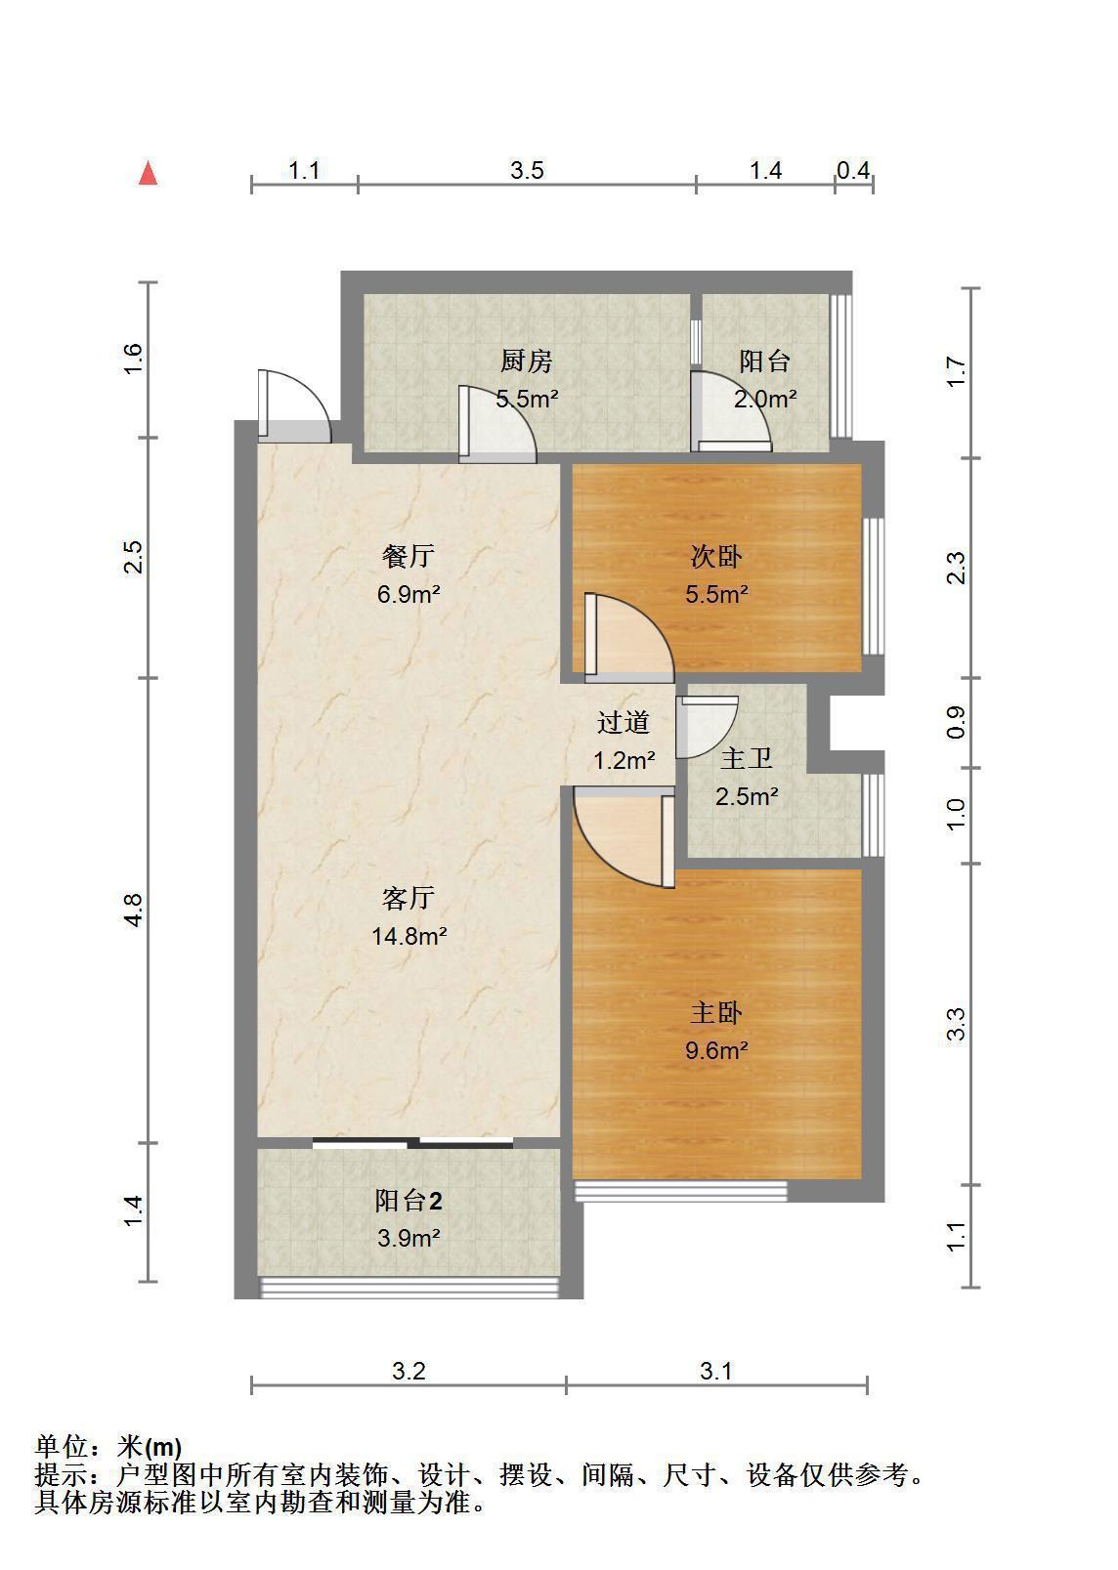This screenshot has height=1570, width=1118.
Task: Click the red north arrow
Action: tap(148, 173)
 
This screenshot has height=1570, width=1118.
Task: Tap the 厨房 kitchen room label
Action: tap(527, 361)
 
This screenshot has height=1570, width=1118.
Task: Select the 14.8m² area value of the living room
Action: tap(409, 936)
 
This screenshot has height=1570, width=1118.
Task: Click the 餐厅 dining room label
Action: tap(408, 557)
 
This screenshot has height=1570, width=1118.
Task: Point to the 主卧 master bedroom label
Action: tap(716, 1013)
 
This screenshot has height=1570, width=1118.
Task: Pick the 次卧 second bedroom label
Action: tap(716, 557)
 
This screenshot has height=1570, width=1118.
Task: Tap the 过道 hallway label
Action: tap(623, 723)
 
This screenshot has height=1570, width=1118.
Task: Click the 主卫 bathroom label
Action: tap(747, 758)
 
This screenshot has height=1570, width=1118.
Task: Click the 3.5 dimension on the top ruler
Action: tap(527, 170)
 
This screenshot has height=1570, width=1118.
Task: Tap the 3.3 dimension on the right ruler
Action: tap(956, 1024)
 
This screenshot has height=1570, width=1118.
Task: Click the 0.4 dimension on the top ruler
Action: tap(854, 170)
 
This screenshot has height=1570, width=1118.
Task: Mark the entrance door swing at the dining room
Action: tap(294, 405)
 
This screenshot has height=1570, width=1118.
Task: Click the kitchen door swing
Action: tap(497, 424)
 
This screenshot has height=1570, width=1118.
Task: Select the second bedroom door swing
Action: tap(628, 638)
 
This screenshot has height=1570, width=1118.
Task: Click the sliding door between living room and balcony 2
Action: tap(412, 1143)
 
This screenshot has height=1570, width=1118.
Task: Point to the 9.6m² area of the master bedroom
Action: tap(716, 1050)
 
